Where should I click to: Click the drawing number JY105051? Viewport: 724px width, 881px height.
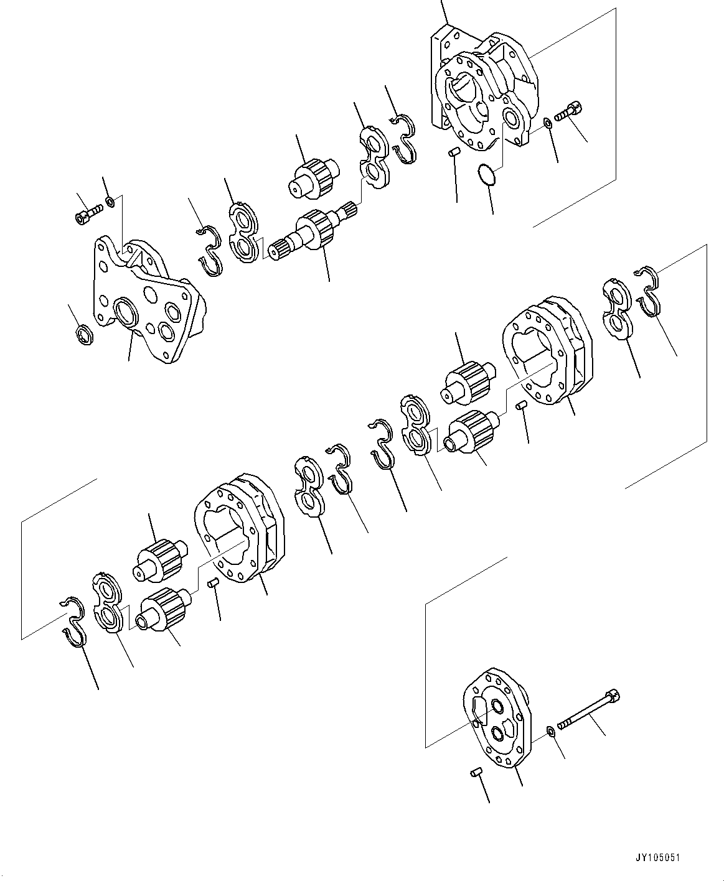click(658, 857)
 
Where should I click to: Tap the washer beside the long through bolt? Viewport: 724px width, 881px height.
click(551, 730)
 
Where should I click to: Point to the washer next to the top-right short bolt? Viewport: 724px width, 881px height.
click(546, 123)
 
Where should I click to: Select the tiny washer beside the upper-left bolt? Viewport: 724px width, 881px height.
click(110, 200)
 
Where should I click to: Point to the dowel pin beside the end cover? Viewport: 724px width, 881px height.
click(475, 771)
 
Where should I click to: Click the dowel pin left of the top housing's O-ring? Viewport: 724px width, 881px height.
click(454, 151)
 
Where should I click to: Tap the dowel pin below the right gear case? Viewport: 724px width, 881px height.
click(523, 406)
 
